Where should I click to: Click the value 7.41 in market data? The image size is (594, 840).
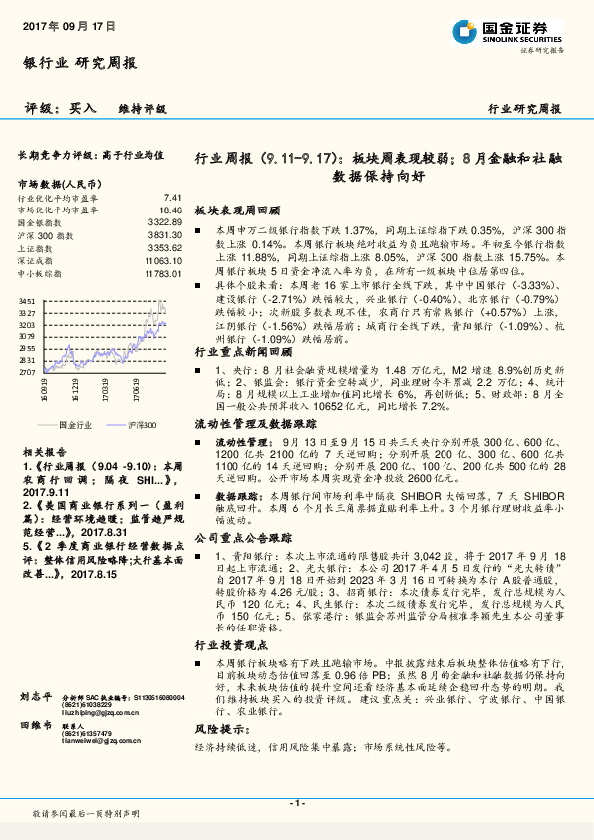click(x=173, y=198)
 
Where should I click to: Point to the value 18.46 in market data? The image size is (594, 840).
click(x=170, y=210)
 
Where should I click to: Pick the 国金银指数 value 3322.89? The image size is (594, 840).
click(x=165, y=222)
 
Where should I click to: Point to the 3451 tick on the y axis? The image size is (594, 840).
click(x=27, y=300)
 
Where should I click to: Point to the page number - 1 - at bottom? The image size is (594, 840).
click(x=295, y=803)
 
